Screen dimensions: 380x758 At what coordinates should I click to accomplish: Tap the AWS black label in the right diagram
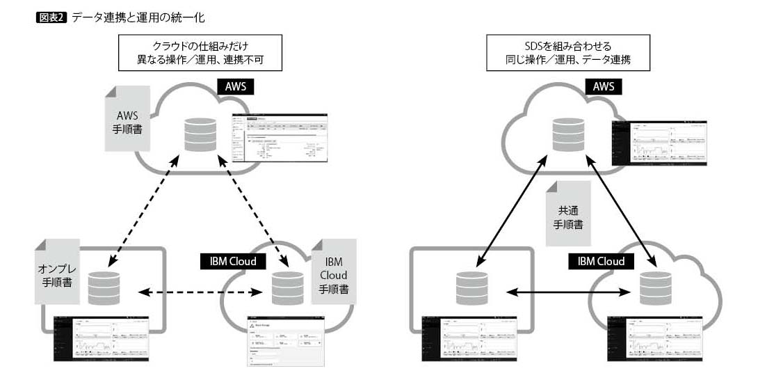click(x=604, y=87)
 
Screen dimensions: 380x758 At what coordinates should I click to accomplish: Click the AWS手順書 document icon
click(x=127, y=119)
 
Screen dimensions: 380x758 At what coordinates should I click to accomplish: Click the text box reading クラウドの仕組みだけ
click(x=200, y=53)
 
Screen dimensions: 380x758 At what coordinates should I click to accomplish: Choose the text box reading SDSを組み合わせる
click(x=568, y=53)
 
